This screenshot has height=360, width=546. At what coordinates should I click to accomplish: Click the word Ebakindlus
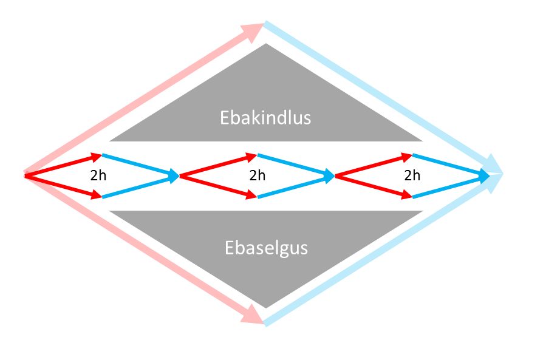[x=265, y=117]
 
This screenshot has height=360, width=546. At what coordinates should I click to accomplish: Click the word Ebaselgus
[x=266, y=248]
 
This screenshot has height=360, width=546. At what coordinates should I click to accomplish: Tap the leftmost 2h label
[x=98, y=176]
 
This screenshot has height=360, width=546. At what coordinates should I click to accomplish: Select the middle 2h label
[x=258, y=176]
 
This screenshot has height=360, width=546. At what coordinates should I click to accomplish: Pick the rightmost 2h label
[x=412, y=176]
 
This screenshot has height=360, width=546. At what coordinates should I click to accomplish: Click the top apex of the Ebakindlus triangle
[x=265, y=45]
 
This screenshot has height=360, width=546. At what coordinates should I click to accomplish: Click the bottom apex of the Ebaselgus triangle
[x=265, y=306]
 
